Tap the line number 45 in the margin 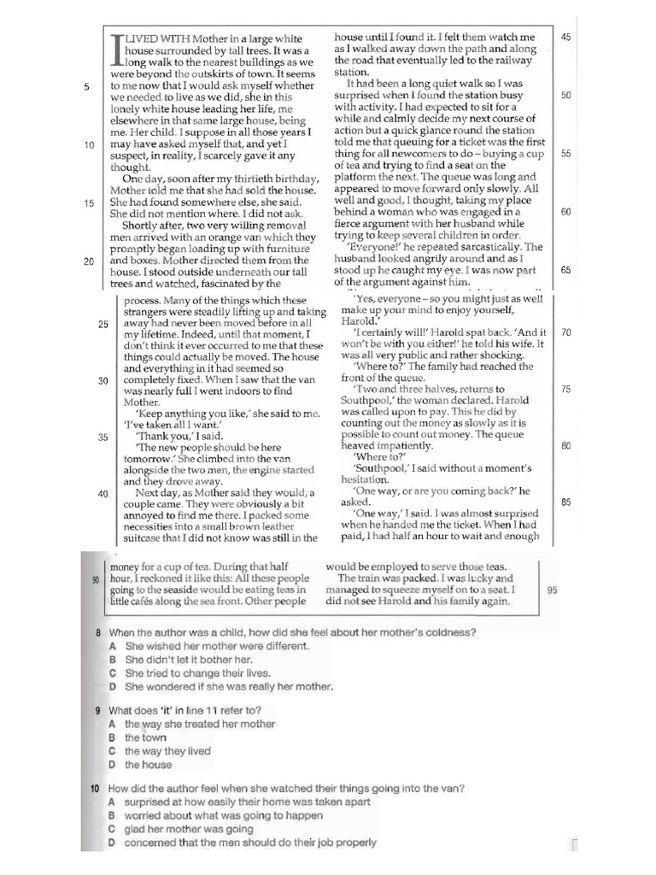[566, 37]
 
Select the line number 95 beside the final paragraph [552, 590]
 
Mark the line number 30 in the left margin [102, 380]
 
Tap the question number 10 [97, 789]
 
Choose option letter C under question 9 [112, 751]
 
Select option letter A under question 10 [112, 802]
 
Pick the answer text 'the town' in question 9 [146, 737]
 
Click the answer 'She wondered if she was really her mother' [229, 686]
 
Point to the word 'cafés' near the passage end [149, 601]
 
